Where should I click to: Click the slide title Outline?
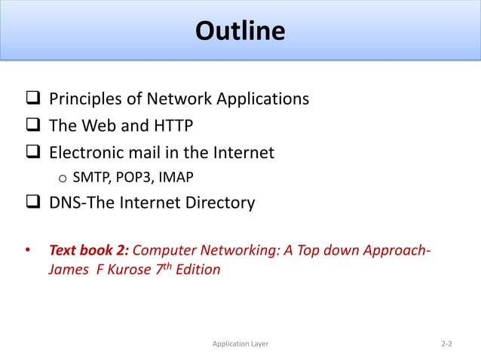point(240,32)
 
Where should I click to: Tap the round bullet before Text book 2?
point(28,249)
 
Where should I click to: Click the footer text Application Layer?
point(240,344)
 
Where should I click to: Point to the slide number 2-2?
point(446,344)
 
